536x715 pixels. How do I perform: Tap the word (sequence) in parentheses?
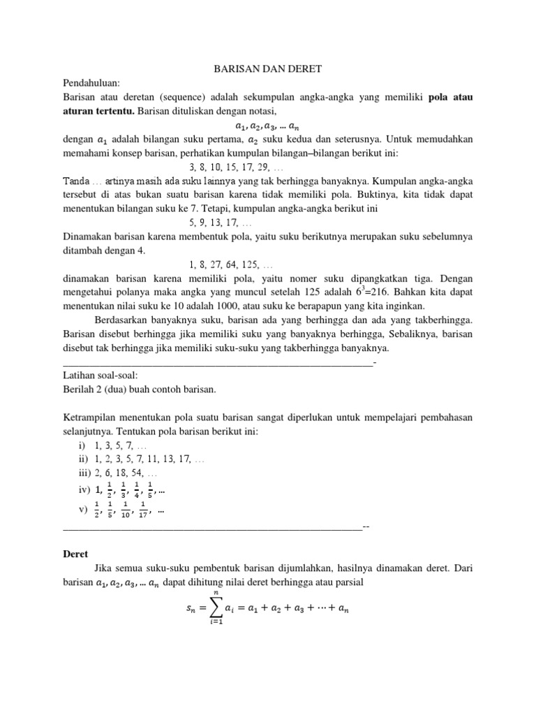pos(202,97)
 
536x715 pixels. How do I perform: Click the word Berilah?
pos(79,389)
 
